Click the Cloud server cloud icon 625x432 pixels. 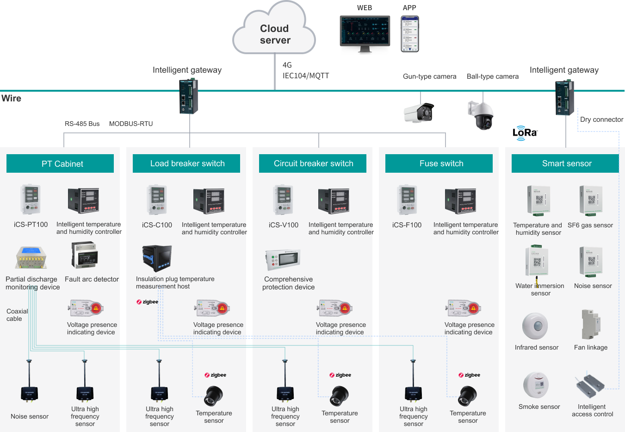coord(274,31)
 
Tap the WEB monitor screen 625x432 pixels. coord(365,31)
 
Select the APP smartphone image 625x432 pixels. coord(409,33)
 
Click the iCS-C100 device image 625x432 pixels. coord(157,200)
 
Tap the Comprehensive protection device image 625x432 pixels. coord(283,260)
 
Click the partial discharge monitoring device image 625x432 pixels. coord(31,257)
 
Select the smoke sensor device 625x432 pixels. coord(536,385)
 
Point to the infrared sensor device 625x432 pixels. coord(535,326)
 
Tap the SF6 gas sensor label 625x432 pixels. coord(590,225)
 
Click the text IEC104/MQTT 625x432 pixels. coord(306,75)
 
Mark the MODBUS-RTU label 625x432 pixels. coord(131,124)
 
